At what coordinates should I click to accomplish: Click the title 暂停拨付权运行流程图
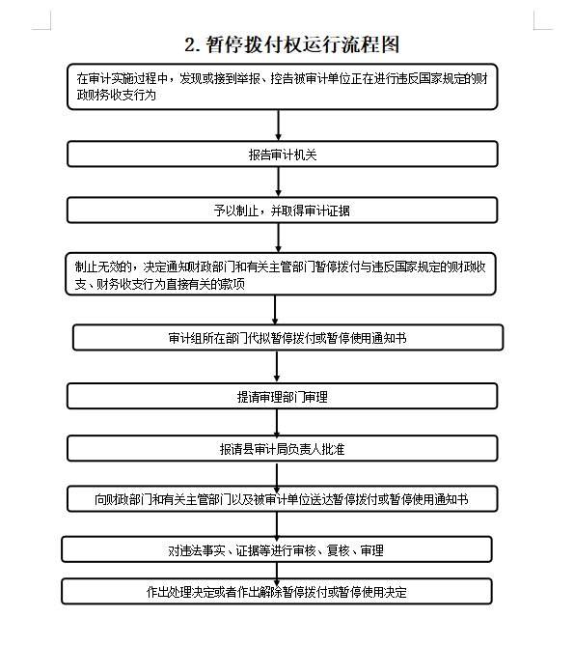tap(302, 44)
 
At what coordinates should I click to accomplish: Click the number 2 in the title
tap(189, 45)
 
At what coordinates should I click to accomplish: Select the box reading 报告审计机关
tap(283, 154)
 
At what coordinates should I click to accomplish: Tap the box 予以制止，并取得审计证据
tap(283, 211)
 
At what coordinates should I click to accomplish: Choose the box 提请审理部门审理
tap(283, 396)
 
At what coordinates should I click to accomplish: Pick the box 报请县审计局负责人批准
tap(283, 448)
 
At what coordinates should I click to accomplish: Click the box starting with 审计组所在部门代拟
tap(288, 337)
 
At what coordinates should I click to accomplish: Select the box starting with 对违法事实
tap(277, 549)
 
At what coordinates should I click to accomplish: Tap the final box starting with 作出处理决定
tap(277, 592)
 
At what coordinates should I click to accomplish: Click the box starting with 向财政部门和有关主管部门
tap(283, 499)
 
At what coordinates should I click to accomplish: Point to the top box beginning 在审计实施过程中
tap(283, 87)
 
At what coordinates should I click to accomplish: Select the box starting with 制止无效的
tap(281, 274)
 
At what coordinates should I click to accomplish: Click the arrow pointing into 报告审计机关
tap(279, 126)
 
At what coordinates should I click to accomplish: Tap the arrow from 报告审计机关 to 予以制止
tap(279, 183)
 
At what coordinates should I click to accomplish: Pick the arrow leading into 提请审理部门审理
tap(277, 367)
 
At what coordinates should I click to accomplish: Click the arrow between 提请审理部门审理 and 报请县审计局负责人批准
tap(277, 423)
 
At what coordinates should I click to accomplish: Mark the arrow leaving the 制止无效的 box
tap(275, 310)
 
